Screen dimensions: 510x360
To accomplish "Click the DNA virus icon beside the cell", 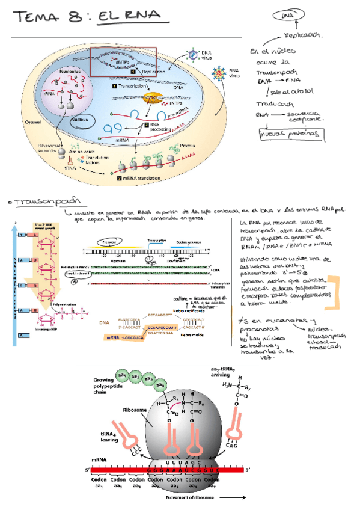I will (x=191, y=55).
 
